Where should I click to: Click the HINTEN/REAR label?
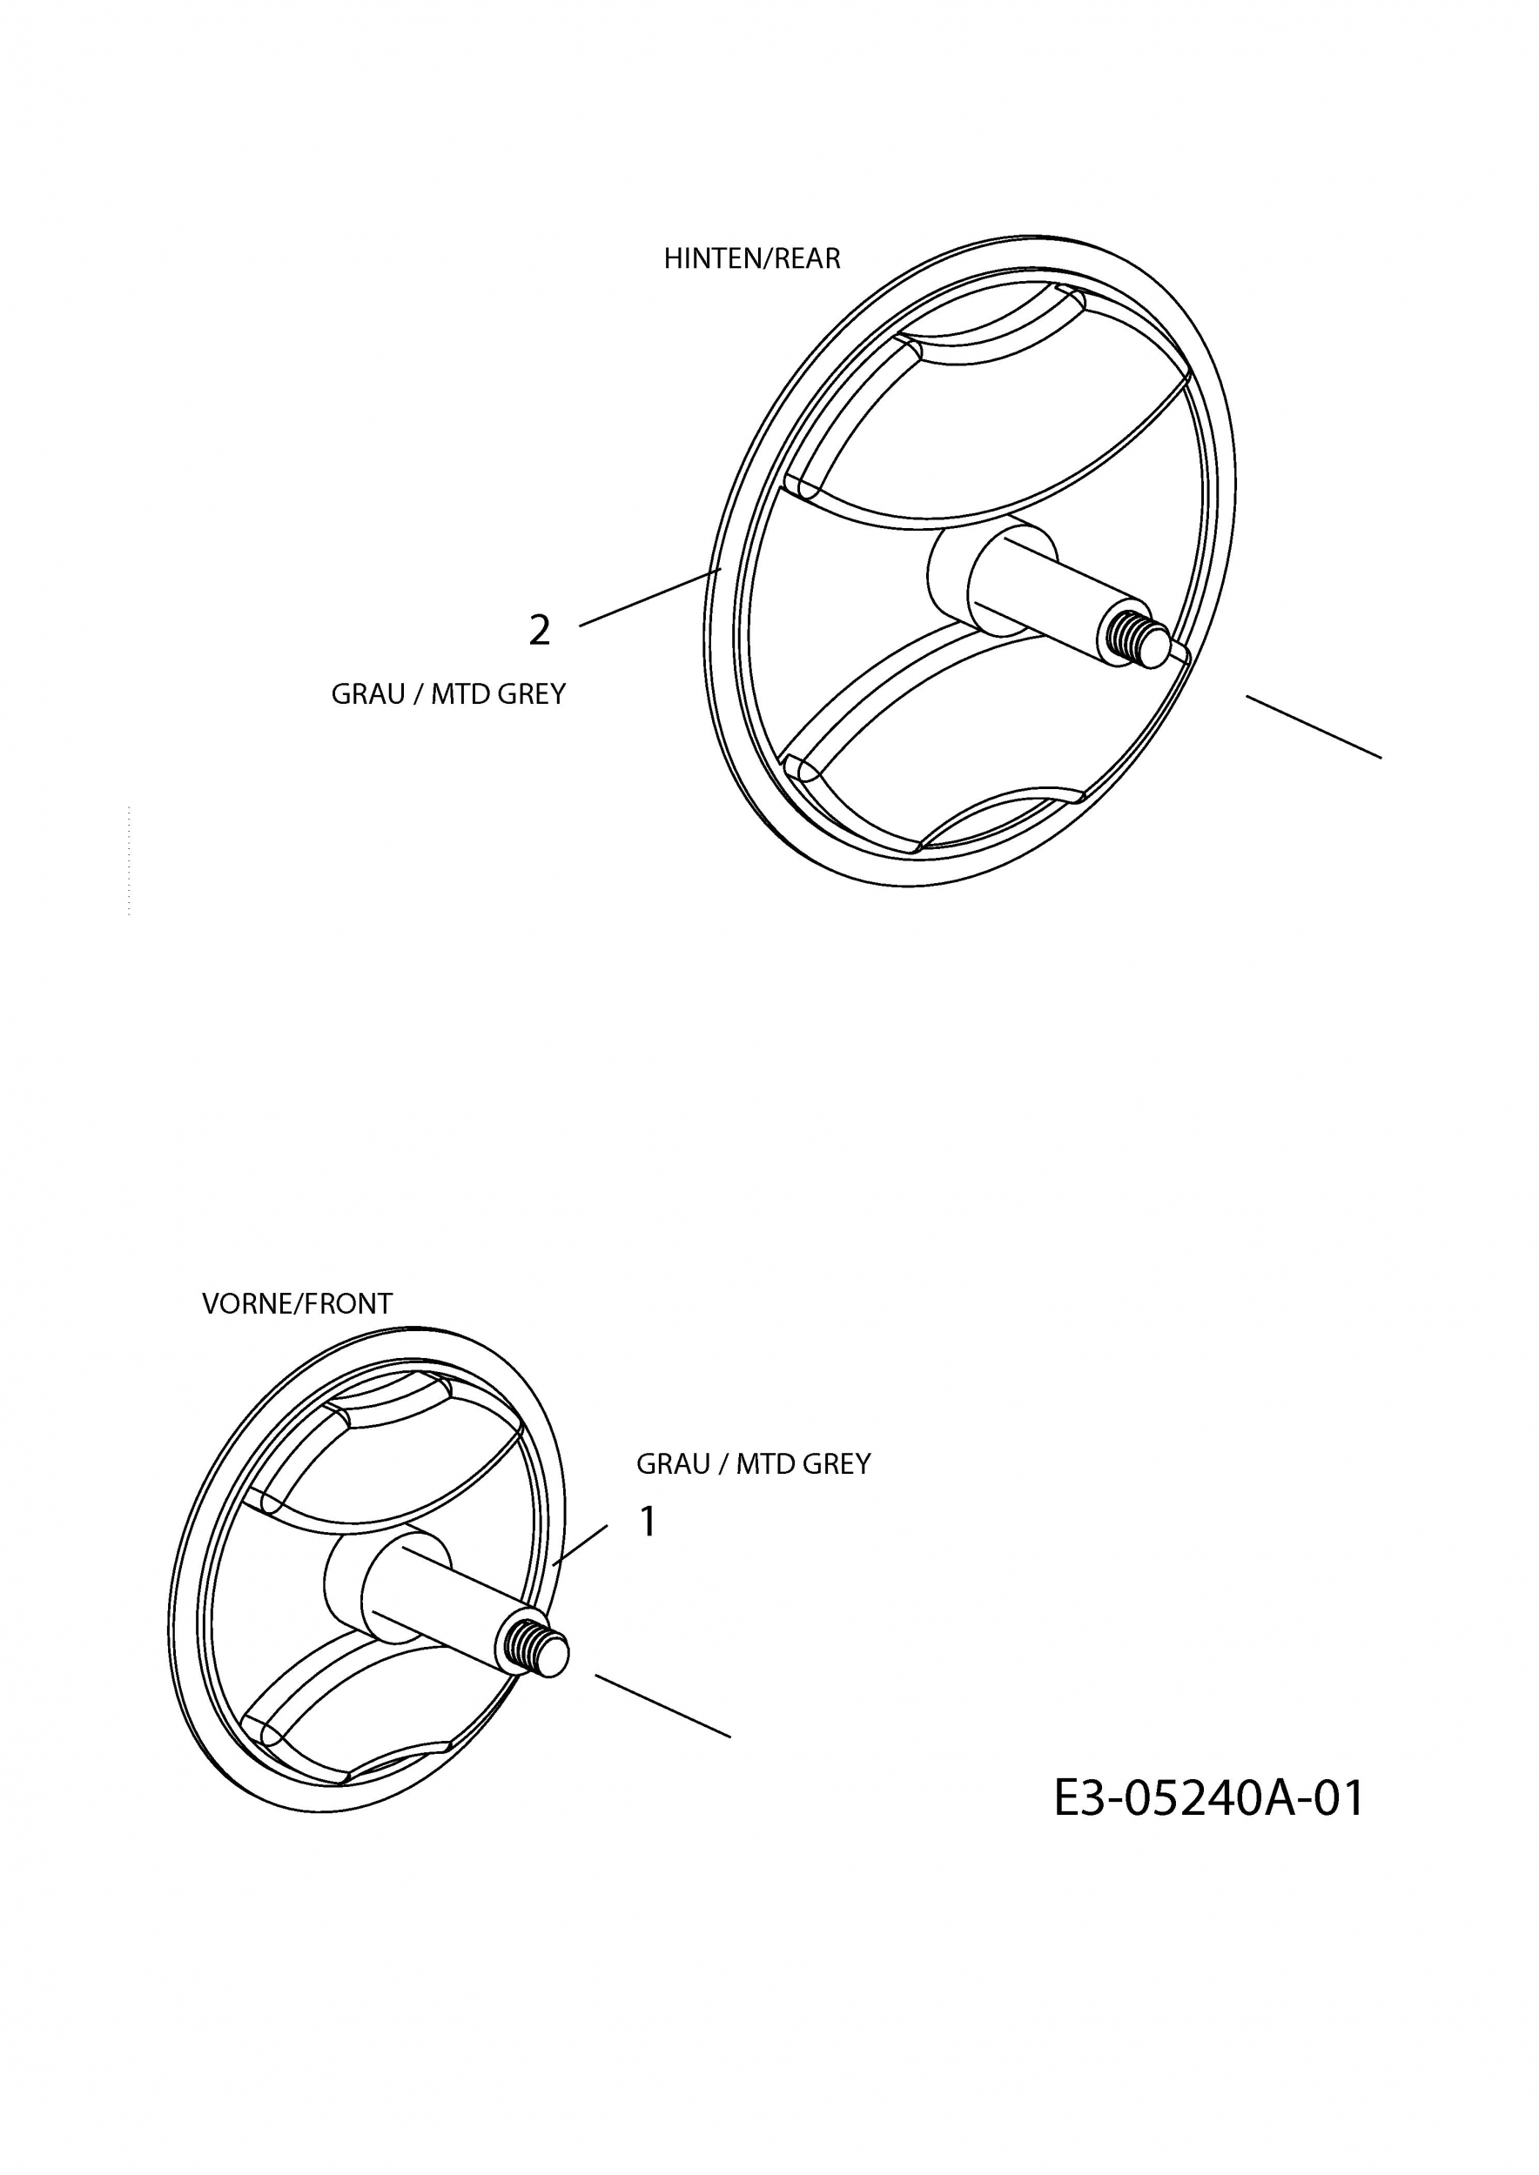(x=751, y=258)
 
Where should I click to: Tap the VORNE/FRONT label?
(x=297, y=1304)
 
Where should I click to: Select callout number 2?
(x=539, y=631)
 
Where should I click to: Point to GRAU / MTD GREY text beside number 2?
(x=448, y=694)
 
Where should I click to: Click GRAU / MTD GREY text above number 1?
(x=753, y=1464)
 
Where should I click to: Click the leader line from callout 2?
(x=650, y=597)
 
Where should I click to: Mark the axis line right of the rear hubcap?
(x=1314, y=727)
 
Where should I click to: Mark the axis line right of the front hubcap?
(x=662, y=1706)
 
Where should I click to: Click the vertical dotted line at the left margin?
(x=128, y=860)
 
